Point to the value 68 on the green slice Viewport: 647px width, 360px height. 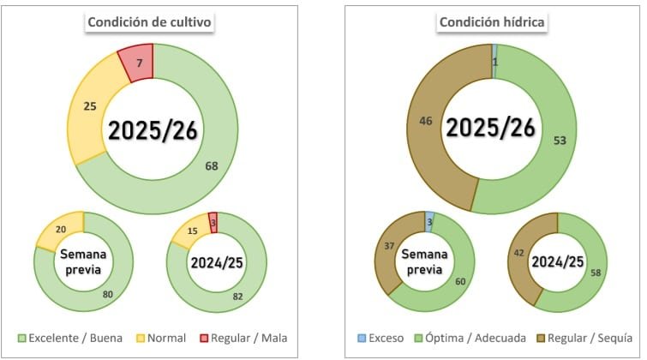[x=211, y=165]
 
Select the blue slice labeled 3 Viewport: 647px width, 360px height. [x=429, y=222]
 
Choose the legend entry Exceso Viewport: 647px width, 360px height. [x=380, y=337]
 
